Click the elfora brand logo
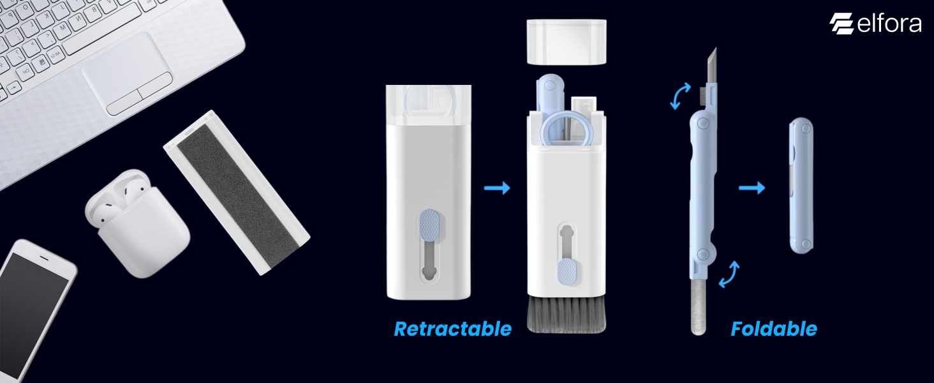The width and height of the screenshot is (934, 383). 875,24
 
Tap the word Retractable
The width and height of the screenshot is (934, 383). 452,329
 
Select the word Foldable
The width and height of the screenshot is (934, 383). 773,329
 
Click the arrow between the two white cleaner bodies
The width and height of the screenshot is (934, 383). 497,188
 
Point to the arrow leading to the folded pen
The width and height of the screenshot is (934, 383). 752,188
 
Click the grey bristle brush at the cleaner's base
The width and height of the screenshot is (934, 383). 567,317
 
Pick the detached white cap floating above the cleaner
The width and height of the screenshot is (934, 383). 567,41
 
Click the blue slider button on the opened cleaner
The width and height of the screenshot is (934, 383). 567,271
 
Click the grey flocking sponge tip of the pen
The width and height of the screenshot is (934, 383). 697,310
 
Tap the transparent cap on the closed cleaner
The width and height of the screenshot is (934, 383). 428,102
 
